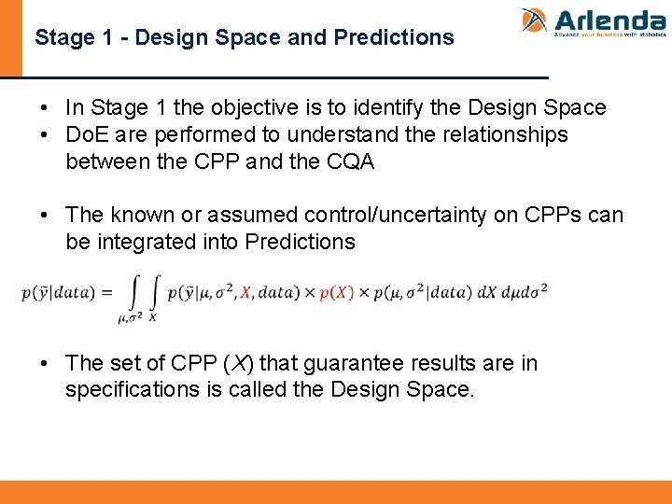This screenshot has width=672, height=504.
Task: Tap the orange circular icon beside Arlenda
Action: click(x=534, y=21)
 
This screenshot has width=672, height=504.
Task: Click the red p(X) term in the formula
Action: click(x=337, y=292)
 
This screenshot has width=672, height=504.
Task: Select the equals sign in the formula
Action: click(x=107, y=292)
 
